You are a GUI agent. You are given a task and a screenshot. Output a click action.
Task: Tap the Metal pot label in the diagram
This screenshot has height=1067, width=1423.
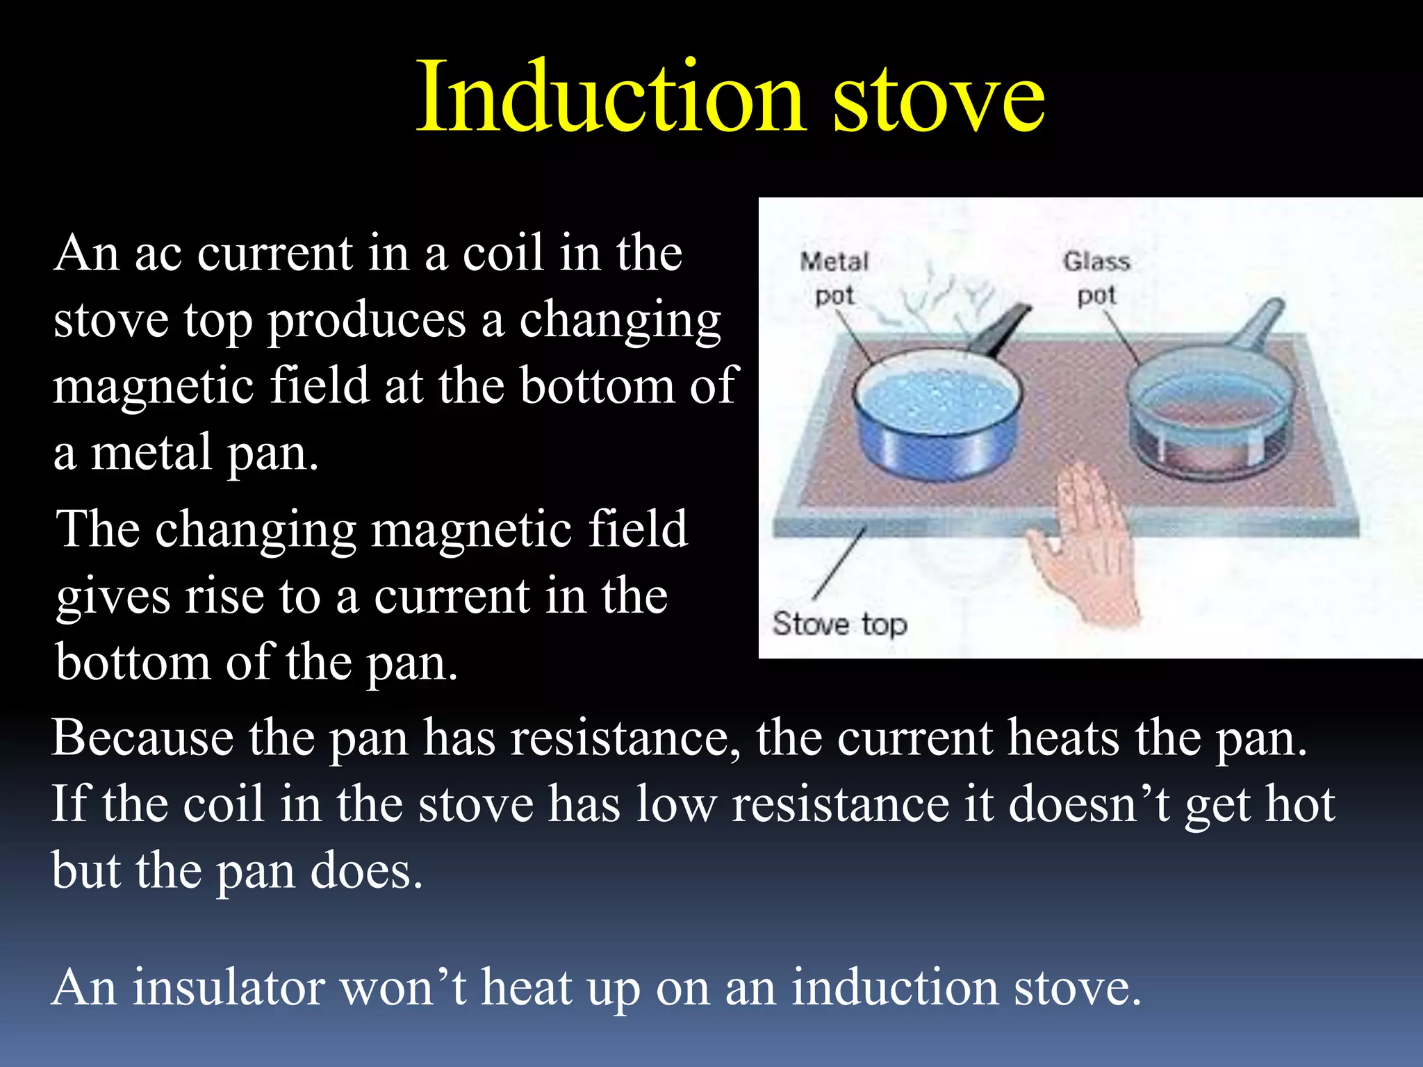pyautogui.click(x=834, y=278)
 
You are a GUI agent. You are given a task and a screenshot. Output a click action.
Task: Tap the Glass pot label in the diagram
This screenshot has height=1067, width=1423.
pyautogui.click(x=1096, y=278)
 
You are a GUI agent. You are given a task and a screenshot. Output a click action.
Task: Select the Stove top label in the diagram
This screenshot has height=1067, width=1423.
pyautogui.click(x=839, y=624)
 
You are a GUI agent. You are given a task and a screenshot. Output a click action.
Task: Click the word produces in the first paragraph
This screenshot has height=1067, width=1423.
pyautogui.click(x=366, y=321)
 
